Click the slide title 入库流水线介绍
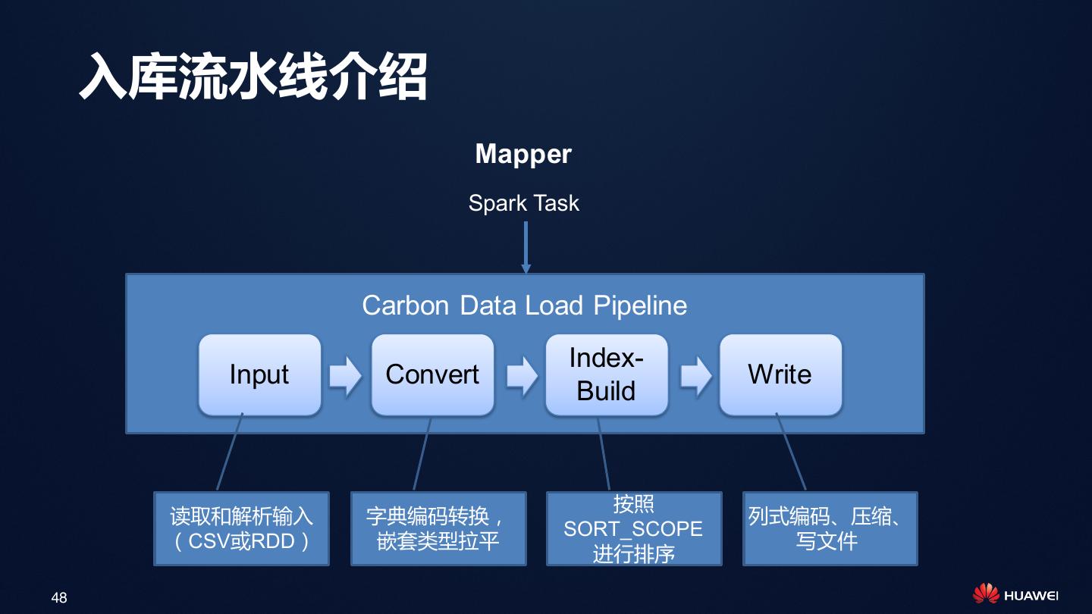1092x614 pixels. [x=253, y=77]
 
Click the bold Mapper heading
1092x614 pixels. [x=523, y=154]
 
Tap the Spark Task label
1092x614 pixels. [x=523, y=203]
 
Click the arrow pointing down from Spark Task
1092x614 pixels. [x=526, y=246]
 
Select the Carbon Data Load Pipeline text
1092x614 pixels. [x=524, y=305]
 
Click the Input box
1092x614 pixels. [x=259, y=374]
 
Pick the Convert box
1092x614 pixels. [x=432, y=374]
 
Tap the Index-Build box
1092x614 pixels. [x=606, y=374]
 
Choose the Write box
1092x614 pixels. [x=780, y=374]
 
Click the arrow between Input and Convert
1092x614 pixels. [x=346, y=374]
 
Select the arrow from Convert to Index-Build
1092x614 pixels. [x=521, y=374]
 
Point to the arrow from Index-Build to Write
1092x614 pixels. [x=695, y=374]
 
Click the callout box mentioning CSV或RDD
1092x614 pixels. [x=241, y=529]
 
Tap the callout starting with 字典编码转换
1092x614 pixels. [x=438, y=529]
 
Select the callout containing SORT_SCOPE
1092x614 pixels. [x=633, y=529]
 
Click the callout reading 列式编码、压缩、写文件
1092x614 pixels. [x=830, y=529]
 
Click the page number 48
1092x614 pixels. [x=59, y=598]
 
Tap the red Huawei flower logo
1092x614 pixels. [x=985, y=594]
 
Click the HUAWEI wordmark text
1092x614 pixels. [x=1031, y=596]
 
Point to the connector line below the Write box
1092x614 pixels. [x=790, y=452]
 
